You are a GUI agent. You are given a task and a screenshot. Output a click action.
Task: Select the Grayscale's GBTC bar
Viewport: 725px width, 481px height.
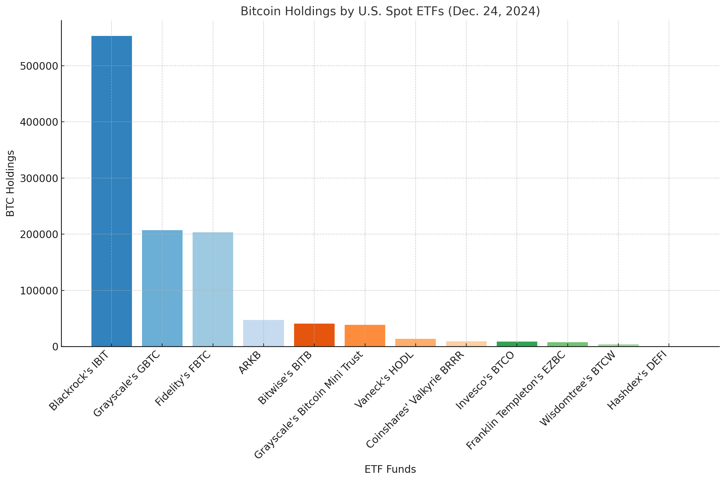[x=162, y=288]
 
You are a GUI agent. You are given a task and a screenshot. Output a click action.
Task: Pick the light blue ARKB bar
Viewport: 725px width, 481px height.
[x=264, y=333]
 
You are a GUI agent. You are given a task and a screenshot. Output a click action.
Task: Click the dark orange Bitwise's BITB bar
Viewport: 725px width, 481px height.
[x=314, y=335]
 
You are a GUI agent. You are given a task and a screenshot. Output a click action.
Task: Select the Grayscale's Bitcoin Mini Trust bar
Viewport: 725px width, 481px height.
[x=365, y=335]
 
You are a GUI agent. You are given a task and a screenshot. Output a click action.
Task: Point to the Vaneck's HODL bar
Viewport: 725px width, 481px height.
[x=415, y=343]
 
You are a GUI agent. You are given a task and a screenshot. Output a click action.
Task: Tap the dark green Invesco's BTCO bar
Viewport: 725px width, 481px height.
[x=517, y=344]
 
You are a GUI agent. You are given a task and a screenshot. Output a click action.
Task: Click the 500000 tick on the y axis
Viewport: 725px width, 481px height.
[x=39, y=66]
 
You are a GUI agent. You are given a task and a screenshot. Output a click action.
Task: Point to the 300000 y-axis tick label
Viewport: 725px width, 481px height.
[x=39, y=178]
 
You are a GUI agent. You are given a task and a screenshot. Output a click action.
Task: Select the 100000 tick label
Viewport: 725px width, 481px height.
[x=39, y=290]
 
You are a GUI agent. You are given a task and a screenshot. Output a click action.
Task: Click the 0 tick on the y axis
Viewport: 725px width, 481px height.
[x=55, y=347]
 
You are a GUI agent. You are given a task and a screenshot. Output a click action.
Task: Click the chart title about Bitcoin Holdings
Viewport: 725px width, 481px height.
[x=390, y=11]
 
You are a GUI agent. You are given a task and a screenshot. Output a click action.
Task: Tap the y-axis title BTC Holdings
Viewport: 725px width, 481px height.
[x=10, y=183]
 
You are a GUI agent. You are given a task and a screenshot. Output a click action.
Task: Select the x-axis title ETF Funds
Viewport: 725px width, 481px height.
[x=390, y=469]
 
